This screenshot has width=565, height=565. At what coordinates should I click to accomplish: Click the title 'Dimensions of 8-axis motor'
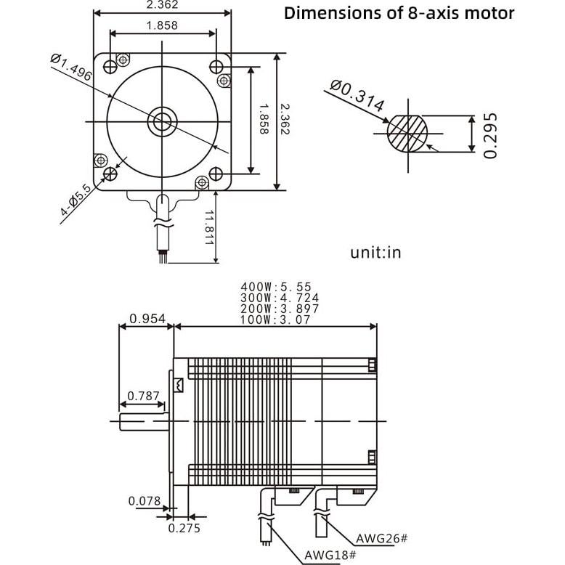(x=399, y=13)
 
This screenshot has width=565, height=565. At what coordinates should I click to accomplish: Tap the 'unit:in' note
(x=375, y=252)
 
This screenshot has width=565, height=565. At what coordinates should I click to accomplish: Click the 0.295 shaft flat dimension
(x=491, y=135)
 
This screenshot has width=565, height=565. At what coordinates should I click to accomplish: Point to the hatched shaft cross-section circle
(x=407, y=132)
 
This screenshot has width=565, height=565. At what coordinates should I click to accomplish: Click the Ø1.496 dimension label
(x=73, y=68)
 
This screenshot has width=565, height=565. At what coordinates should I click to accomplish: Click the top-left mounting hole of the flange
(x=110, y=67)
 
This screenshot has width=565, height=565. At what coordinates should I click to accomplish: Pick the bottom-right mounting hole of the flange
(x=216, y=174)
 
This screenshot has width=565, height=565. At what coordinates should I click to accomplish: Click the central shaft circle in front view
(x=162, y=121)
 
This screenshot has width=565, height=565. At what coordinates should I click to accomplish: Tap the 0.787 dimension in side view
(x=144, y=396)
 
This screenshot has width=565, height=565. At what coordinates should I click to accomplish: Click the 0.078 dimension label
(x=145, y=500)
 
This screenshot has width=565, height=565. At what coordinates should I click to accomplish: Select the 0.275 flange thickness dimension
(x=184, y=528)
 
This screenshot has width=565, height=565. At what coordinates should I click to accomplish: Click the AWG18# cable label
(x=330, y=555)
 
